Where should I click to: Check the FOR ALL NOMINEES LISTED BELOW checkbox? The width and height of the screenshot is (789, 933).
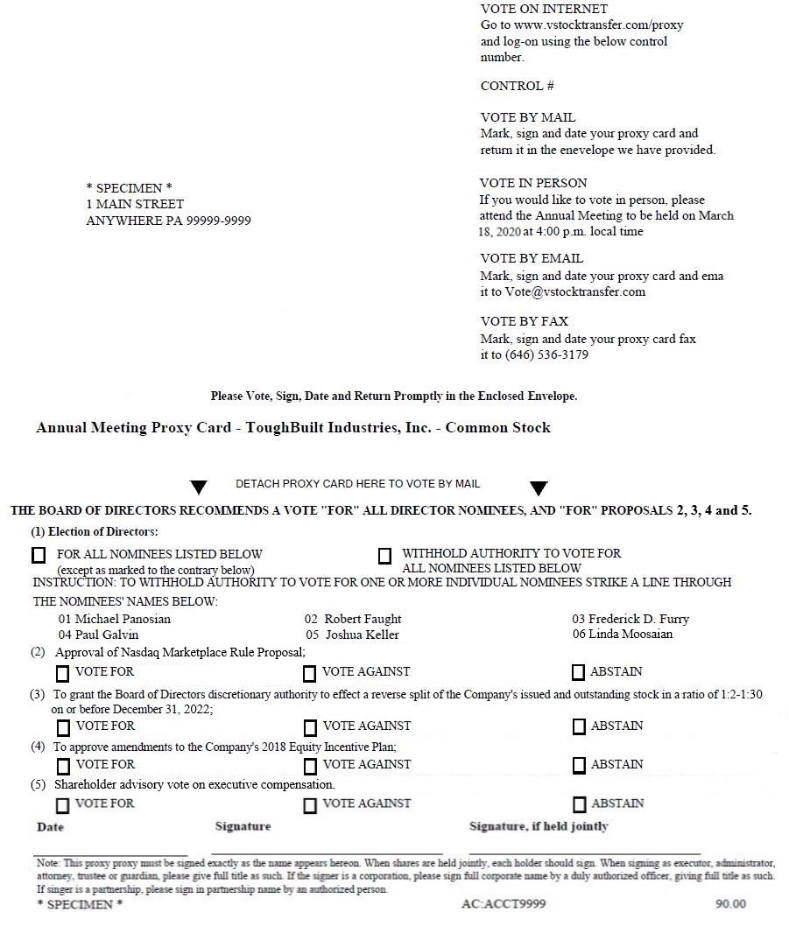[x=39, y=555]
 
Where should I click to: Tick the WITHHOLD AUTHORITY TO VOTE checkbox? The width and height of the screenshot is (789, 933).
[x=384, y=556]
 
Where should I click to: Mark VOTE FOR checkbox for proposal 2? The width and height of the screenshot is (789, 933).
[x=63, y=673]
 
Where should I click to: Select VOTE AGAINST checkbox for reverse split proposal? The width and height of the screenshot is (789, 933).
[x=310, y=727]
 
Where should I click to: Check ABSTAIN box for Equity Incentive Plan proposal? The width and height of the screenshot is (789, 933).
[x=579, y=766]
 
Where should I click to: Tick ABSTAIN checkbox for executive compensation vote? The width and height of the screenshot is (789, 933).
[x=579, y=804]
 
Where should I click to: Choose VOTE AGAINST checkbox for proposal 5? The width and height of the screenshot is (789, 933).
[x=310, y=805]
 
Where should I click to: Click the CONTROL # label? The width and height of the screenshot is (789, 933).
[x=517, y=86]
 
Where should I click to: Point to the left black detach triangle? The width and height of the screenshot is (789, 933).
[x=199, y=488]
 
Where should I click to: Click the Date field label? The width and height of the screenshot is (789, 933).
[x=50, y=827]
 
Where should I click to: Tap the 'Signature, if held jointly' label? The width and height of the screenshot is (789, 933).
[x=539, y=826]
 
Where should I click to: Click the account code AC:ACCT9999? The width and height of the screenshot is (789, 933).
[x=503, y=904]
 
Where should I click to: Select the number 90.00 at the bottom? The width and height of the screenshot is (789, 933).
[x=730, y=904]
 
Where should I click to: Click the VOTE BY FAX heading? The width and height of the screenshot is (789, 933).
[x=524, y=321]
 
